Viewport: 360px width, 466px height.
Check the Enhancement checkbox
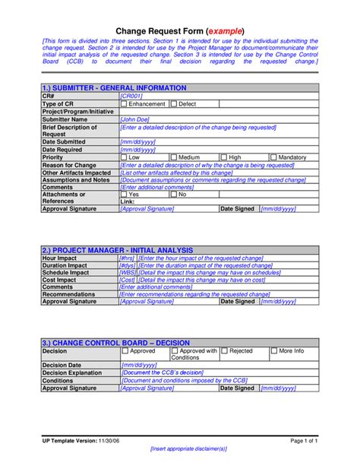(125, 103)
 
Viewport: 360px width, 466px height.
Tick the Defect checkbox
(174, 103)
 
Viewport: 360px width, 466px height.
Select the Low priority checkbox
(125, 157)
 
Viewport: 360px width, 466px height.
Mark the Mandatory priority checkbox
(274, 157)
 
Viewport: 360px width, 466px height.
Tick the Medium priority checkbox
(174, 157)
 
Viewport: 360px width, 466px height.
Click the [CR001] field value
(131, 97)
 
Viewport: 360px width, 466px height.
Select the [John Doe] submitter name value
(134, 119)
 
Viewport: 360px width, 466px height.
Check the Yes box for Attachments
(125, 195)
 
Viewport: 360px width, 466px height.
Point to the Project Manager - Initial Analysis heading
(117, 250)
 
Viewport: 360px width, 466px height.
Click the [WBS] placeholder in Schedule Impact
(128, 272)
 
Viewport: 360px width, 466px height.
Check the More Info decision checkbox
(274, 352)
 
